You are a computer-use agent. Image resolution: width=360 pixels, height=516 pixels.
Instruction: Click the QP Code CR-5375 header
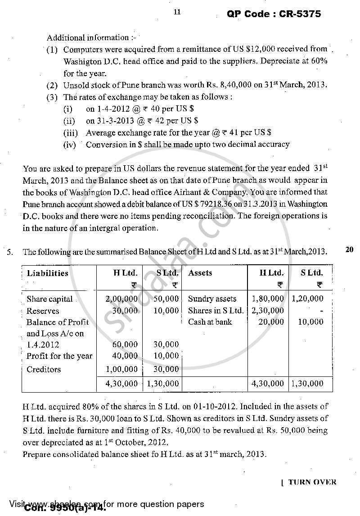click(x=273, y=14)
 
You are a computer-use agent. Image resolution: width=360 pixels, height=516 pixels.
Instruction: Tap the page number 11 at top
click(x=177, y=12)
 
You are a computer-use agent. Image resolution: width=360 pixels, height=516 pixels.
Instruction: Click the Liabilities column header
click(x=48, y=273)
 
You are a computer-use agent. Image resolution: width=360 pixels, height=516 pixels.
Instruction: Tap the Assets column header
click(x=200, y=273)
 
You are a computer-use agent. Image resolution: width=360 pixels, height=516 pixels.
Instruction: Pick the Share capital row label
click(x=49, y=299)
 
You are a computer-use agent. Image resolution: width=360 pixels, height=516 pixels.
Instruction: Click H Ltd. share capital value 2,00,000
click(x=121, y=299)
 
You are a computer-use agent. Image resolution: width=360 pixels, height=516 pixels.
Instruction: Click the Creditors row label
click(x=44, y=369)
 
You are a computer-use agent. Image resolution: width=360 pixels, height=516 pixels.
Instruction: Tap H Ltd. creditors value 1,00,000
click(x=121, y=369)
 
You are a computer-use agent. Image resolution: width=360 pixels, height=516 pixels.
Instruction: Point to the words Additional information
click(x=88, y=38)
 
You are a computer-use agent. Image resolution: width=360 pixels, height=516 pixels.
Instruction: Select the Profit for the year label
click(x=59, y=356)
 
